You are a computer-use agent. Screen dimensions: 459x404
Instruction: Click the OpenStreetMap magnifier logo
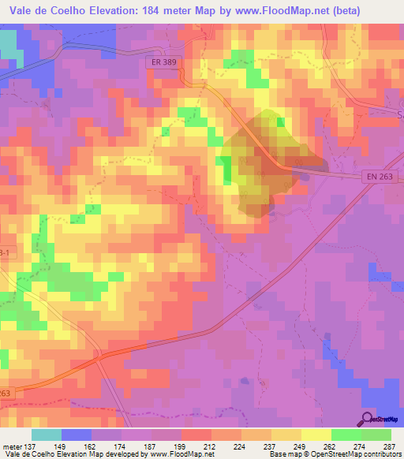[x=368, y=419]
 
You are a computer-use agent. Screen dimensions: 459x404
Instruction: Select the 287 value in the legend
[x=391, y=446]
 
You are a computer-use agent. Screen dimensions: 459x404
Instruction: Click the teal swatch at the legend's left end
[x=46, y=435]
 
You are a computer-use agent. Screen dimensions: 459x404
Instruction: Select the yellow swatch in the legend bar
[x=316, y=435]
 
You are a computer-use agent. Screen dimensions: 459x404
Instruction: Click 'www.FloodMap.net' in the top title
[x=275, y=12]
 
